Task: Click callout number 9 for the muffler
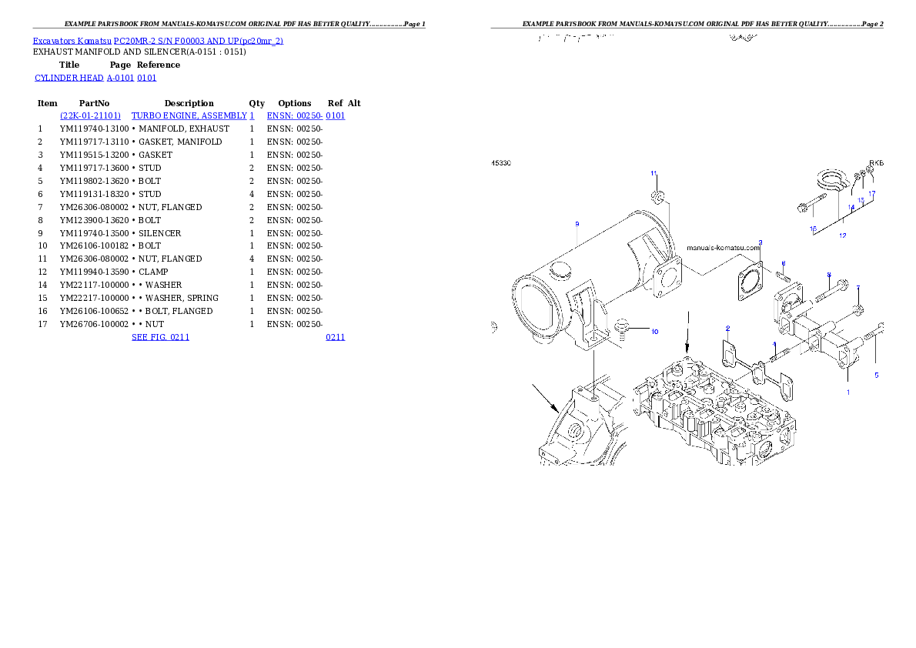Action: click(x=577, y=224)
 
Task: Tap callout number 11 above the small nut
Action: click(x=654, y=173)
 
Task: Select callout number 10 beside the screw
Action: click(x=654, y=332)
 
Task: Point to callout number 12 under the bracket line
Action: click(x=842, y=235)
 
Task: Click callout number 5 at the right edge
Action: click(x=876, y=376)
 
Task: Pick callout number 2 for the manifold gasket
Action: click(x=727, y=329)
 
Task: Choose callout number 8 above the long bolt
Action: click(x=828, y=274)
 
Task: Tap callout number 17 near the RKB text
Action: click(x=872, y=194)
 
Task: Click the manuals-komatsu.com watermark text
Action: click(x=723, y=248)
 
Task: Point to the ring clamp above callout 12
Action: click(x=832, y=182)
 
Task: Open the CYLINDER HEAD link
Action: click(x=95, y=78)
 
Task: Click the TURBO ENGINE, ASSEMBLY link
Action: click(x=192, y=115)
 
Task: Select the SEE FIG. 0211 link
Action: click(x=160, y=337)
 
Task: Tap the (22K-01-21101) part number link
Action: click(x=91, y=115)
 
